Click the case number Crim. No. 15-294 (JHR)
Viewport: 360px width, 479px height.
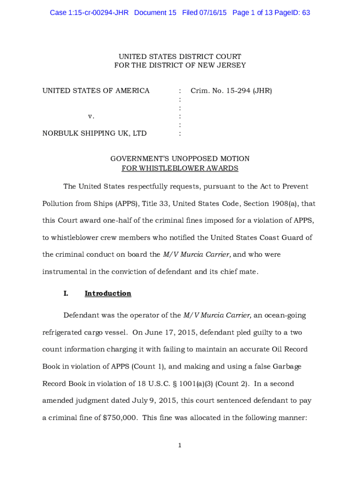pyautogui.click(x=231, y=91)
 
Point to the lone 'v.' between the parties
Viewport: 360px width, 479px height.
pyautogui.click(x=91, y=116)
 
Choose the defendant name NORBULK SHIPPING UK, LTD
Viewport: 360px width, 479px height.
pyautogui.click(x=94, y=133)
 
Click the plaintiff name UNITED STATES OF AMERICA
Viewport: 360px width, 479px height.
pyautogui.click(x=96, y=91)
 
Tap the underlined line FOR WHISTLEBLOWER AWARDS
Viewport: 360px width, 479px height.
pyautogui.click(x=180, y=168)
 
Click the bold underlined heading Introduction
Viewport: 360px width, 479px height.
pyautogui.click(x=108, y=294)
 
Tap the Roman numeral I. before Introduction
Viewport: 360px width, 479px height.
pyautogui.click(x=66, y=294)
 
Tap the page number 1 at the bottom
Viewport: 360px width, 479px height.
pyautogui.click(x=180, y=445)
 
